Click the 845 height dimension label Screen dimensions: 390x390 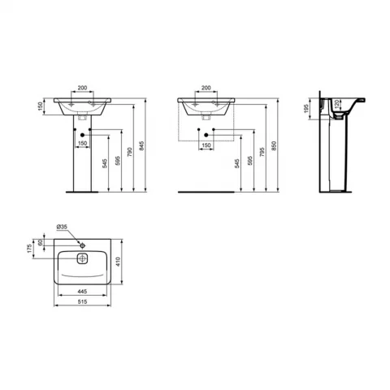click(142, 145)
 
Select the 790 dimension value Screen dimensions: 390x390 click(129, 152)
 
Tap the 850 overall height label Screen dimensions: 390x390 click(274, 145)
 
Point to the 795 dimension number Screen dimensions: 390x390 click(262, 152)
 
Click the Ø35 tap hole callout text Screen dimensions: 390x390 click(62, 227)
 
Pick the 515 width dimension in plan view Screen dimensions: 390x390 click(82, 301)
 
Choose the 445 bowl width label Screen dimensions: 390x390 click(82, 292)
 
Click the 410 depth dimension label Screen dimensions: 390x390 click(118, 262)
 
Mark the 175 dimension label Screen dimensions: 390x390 click(29, 249)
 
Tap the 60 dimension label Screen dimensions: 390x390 click(40, 242)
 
